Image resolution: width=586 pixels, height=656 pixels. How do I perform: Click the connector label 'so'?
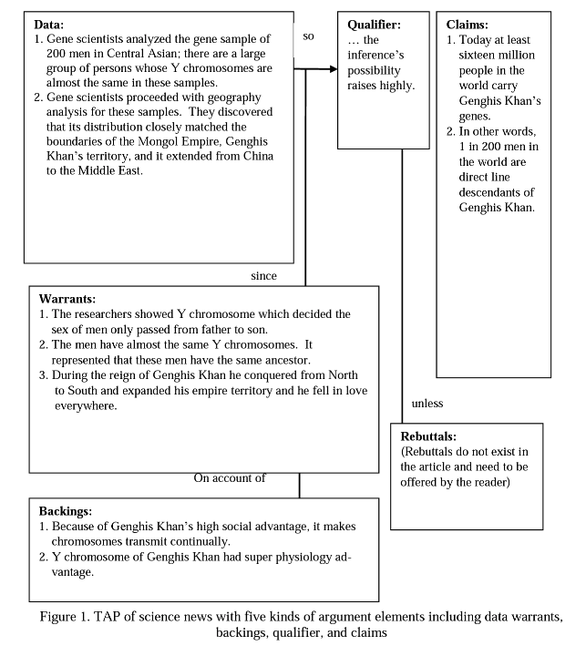[x=309, y=36]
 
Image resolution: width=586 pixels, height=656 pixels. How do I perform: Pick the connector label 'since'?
[x=263, y=275]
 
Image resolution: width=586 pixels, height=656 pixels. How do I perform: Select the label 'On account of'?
[x=230, y=478]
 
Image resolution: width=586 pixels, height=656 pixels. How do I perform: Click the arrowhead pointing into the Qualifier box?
[x=331, y=68]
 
